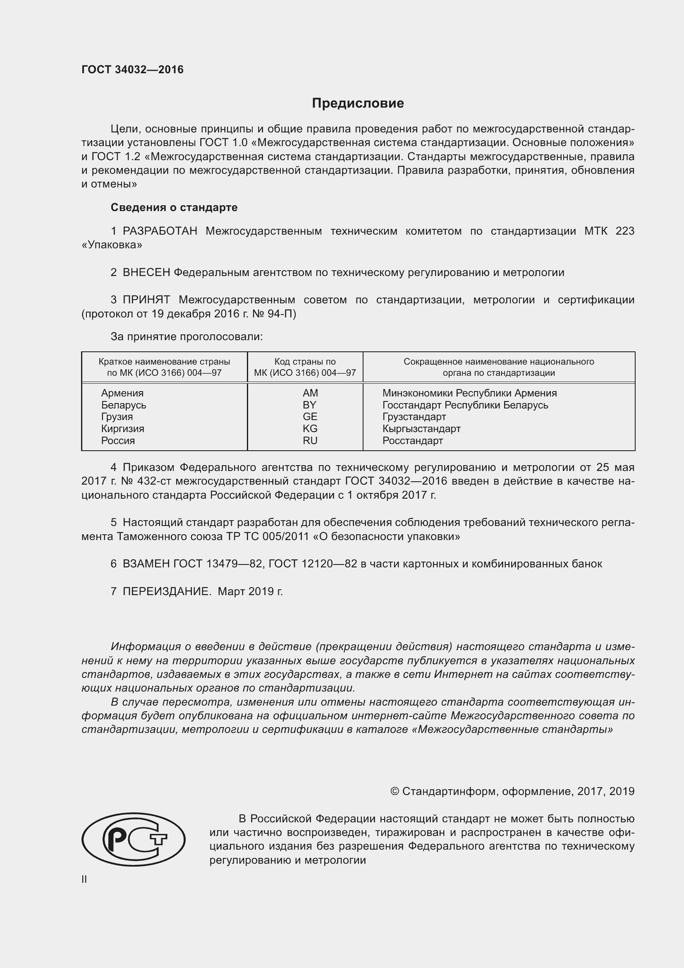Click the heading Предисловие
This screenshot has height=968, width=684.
[x=358, y=103]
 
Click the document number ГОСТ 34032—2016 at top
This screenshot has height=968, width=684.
[x=132, y=70]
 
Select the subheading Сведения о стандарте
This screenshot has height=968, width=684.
[x=174, y=207]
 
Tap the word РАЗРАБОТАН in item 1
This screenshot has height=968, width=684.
[x=160, y=231]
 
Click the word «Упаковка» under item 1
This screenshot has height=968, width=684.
[x=112, y=245]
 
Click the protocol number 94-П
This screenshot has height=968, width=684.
[x=282, y=314]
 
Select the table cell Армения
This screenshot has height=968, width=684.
[x=122, y=393]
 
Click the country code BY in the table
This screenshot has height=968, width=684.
[x=310, y=405]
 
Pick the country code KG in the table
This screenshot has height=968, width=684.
[x=310, y=429]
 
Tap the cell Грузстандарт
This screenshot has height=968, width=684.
[x=414, y=417]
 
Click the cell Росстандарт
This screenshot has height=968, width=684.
[x=412, y=441]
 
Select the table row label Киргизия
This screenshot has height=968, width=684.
[x=122, y=429]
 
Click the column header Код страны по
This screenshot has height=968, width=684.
[x=305, y=362]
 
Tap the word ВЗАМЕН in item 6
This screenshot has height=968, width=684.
[x=146, y=564]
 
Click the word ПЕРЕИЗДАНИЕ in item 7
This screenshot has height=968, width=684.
[x=166, y=591]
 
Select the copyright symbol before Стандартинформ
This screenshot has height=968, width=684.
[x=395, y=791]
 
